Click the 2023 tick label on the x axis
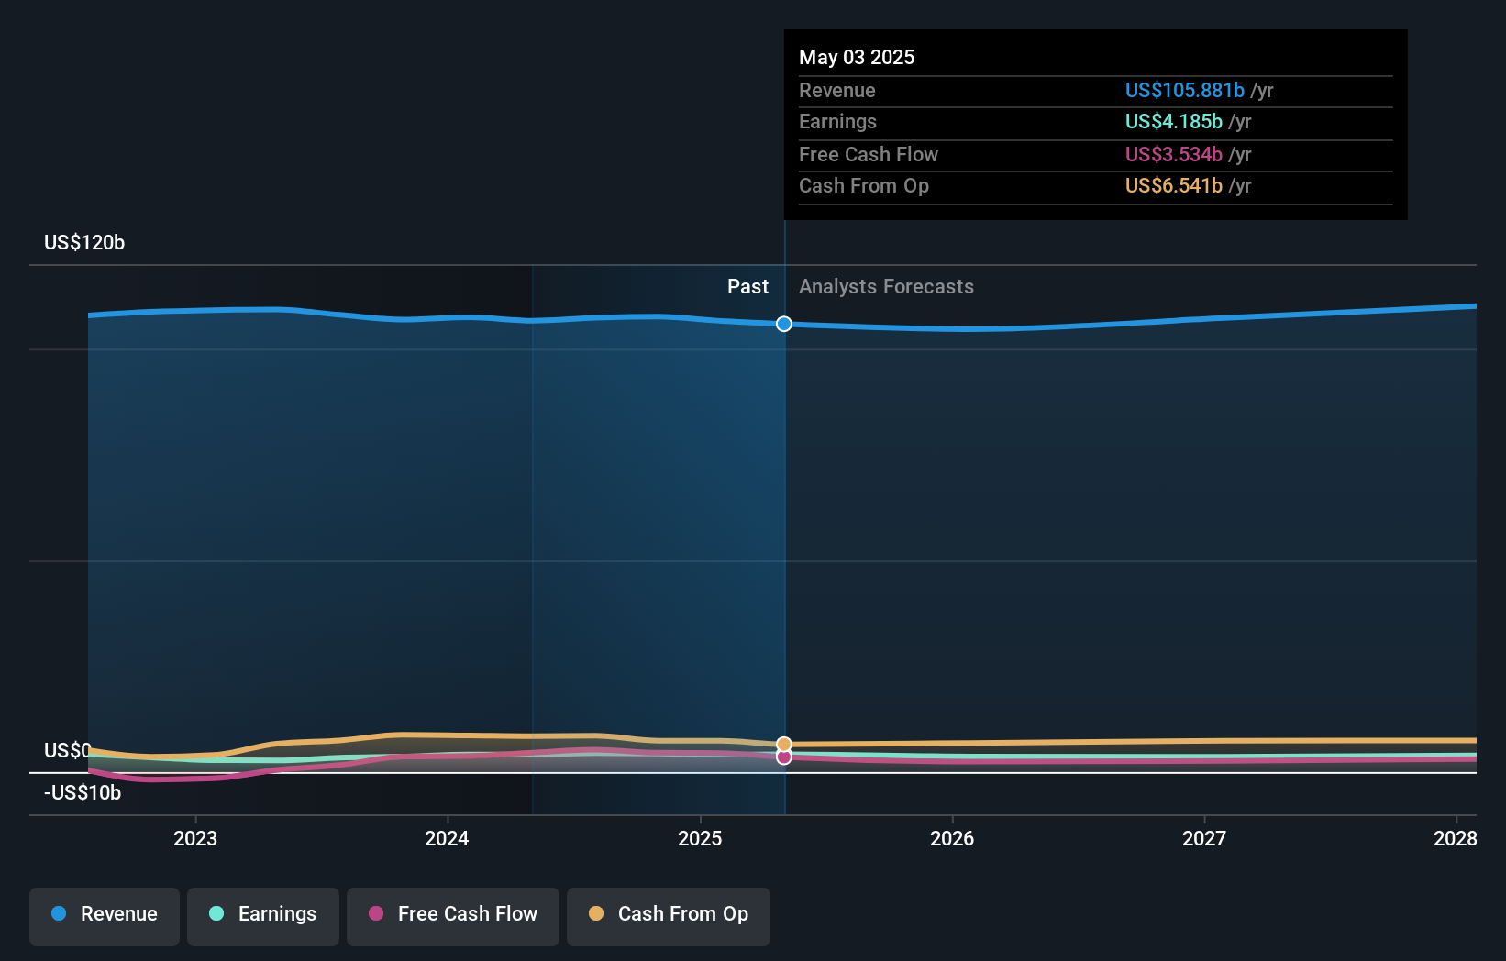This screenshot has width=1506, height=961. click(195, 838)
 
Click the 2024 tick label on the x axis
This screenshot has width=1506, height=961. click(447, 838)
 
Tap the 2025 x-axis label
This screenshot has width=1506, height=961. click(700, 838)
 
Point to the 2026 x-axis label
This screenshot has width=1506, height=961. click(952, 838)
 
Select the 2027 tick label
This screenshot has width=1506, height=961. click(1203, 838)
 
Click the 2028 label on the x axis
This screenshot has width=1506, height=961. click(1455, 838)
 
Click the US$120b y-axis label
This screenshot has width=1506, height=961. click(84, 242)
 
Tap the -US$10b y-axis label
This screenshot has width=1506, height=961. click(83, 792)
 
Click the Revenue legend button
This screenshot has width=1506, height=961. click(105, 914)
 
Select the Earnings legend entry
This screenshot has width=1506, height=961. click(263, 914)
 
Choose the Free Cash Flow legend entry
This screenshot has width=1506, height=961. click(453, 914)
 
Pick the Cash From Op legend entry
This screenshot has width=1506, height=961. click(669, 914)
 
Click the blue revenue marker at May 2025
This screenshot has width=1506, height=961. click(784, 324)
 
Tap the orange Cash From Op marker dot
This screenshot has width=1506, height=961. click(784, 744)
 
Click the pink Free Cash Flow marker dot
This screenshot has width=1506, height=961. click(784, 757)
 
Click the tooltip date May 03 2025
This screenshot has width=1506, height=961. click(857, 57)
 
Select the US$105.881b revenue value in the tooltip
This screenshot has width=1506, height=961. click(1184, 90)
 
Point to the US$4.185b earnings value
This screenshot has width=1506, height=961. click(1173, 121)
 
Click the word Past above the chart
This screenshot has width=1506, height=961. click(747, 286)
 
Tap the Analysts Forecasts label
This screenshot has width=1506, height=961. click(886, 286)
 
